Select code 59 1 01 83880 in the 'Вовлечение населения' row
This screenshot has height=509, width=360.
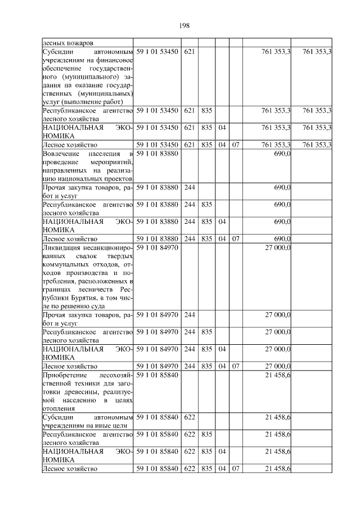[x=157, y=154]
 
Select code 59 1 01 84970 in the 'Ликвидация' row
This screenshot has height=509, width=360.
[x=157, y=247]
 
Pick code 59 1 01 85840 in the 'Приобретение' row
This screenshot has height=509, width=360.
[x=157, y=375]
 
